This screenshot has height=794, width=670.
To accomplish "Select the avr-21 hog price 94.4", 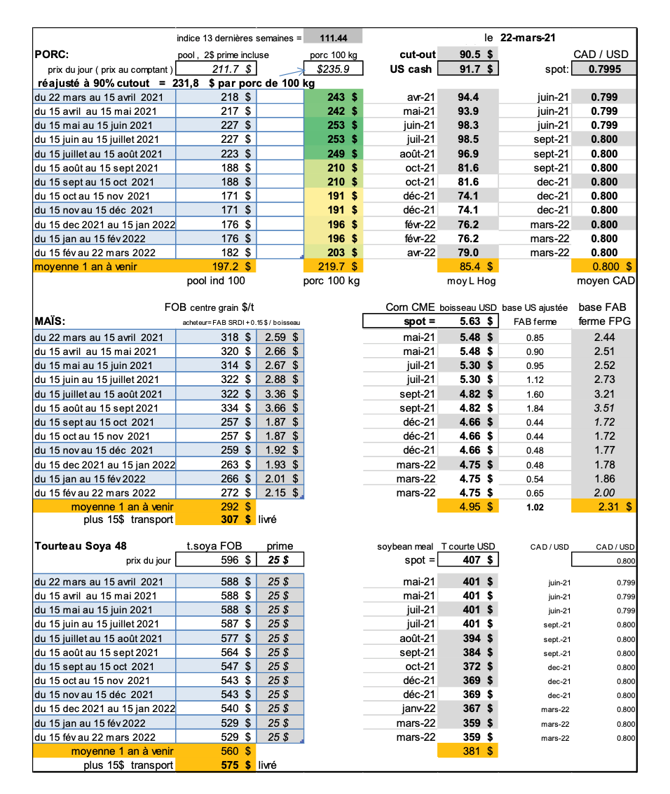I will pos(467,97).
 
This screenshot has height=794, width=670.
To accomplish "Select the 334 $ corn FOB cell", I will pos(228,408).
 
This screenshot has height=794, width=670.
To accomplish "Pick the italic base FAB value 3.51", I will pos(604,408).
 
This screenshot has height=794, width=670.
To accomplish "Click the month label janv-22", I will pos(419,709).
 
